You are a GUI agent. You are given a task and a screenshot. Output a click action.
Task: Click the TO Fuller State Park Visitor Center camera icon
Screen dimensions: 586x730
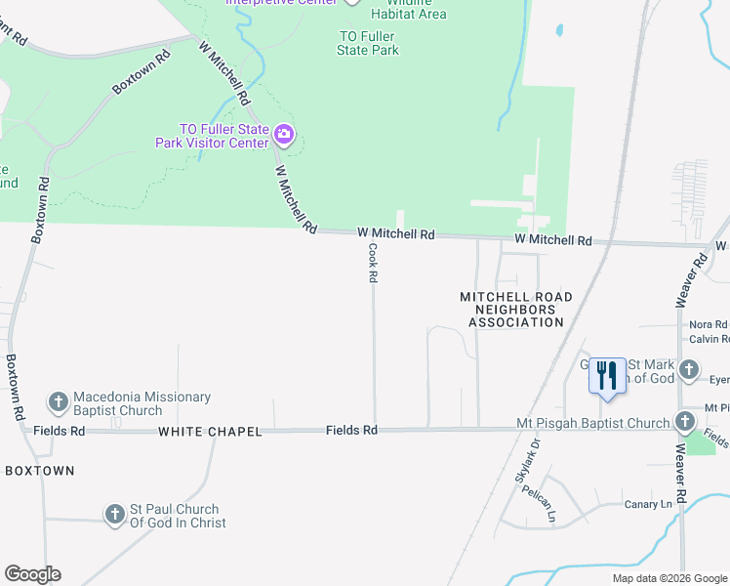pyautogui.click(x=284, y=133)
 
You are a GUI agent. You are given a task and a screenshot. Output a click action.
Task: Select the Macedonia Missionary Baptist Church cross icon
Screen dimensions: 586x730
pyautogui.click(x=58, y=401)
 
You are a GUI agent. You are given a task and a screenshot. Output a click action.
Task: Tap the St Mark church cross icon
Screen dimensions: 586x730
pyautogui.click(x=689, y=369)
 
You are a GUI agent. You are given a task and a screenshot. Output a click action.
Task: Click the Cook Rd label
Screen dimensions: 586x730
pyautogui.click(x=373, y=264)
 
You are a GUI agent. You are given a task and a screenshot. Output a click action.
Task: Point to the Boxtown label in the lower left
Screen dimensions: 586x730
pyautogui.click(x=40, y=471)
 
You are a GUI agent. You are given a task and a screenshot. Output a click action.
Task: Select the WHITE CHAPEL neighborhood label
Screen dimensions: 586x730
pyautogui.click(x=210, y=432)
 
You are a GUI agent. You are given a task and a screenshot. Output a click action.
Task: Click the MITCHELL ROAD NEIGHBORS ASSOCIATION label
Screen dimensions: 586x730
pyautogui.click(x=516, y=309)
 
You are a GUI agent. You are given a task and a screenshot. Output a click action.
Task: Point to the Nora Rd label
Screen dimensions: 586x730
pyautogui.click(x=709, y=324)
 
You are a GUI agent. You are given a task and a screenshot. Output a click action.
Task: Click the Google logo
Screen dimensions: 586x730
pyautogui.click(x=32, y=574)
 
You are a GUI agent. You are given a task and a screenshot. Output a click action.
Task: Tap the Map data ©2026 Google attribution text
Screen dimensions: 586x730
pyautogui.click(x=669, y=578)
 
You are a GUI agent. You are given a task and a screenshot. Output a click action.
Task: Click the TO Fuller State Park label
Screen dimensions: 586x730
pyautogui.click(x=369, y=43)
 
